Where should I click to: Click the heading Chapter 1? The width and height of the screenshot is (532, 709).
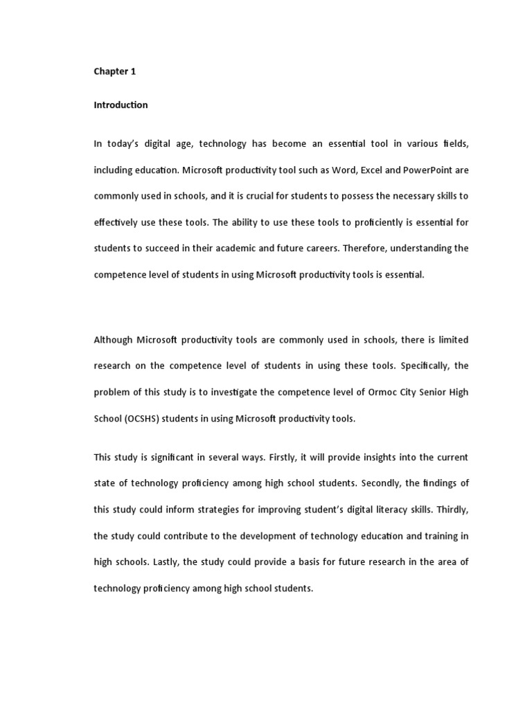coord(114,71)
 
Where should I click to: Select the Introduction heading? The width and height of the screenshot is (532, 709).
coord(121,105)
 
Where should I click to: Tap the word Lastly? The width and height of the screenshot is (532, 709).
coord(163,562)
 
